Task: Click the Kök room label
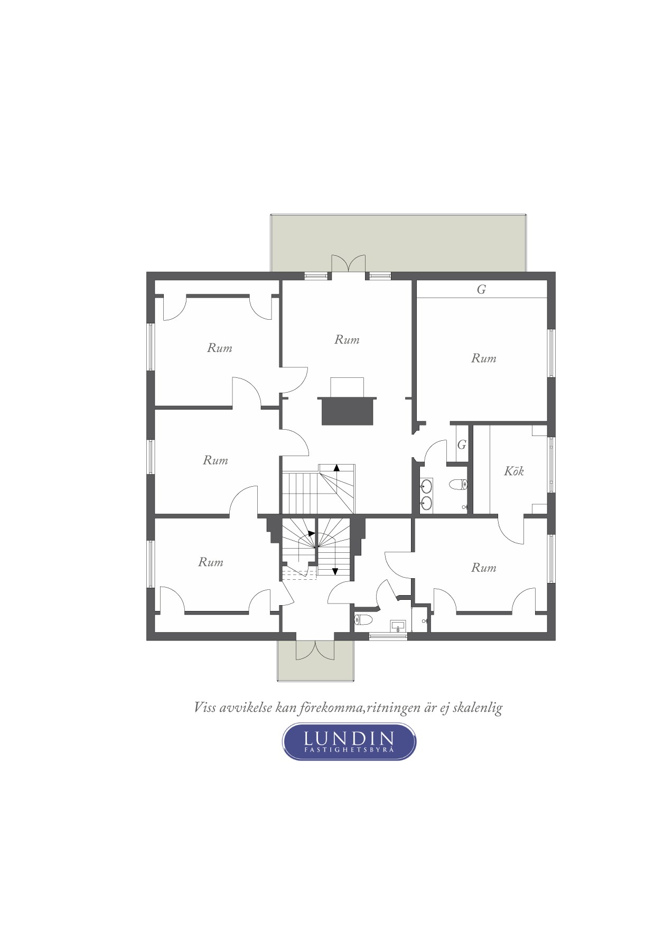pos(513,471)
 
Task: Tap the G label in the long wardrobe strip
pos(481,290)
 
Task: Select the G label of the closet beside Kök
pos(462,445)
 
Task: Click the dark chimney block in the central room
pos(347,410)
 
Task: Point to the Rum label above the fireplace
pos(347,339)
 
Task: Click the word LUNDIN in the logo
pos(349,738)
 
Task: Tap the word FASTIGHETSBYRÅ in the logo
pos(349,750)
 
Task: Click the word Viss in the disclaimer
pos(205,707)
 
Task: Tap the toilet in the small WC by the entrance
pos(363,619)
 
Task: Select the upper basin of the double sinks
pos(426,485)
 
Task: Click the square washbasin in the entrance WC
pos(397,625)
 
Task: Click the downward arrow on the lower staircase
pos(335,571)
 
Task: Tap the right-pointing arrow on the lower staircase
pos(312,533)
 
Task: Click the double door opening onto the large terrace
pos(348,264)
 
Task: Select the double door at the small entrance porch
pos(314,650)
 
